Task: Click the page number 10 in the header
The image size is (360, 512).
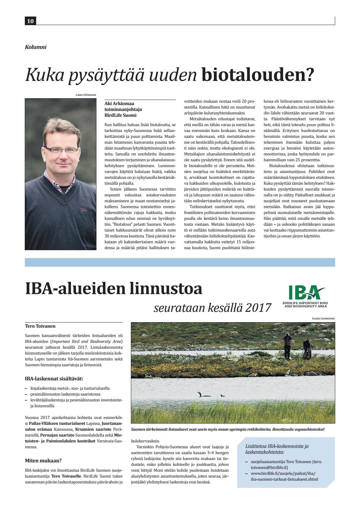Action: (x=30, y=21)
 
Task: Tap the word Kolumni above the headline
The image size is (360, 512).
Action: (x=35, y=47)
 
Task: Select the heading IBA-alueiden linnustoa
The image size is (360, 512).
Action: (x=114, y=289)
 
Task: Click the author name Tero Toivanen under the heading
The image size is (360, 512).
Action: (x=40, y=326)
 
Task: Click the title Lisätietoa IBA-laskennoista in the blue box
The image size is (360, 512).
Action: (x=277, y=446)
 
